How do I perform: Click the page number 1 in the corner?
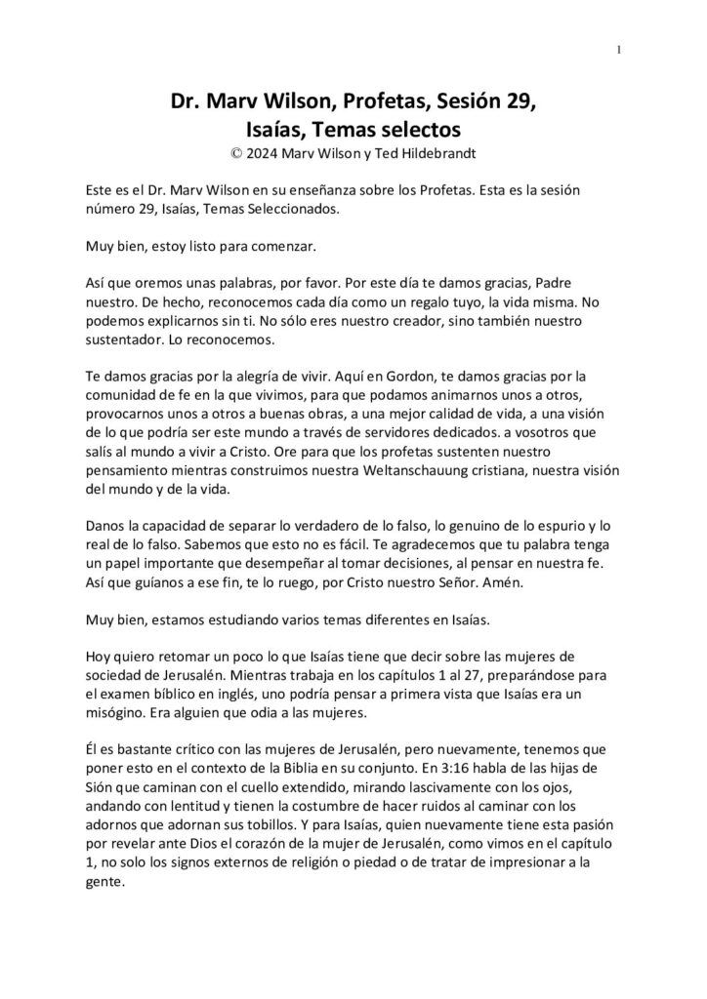coord(621,51)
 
